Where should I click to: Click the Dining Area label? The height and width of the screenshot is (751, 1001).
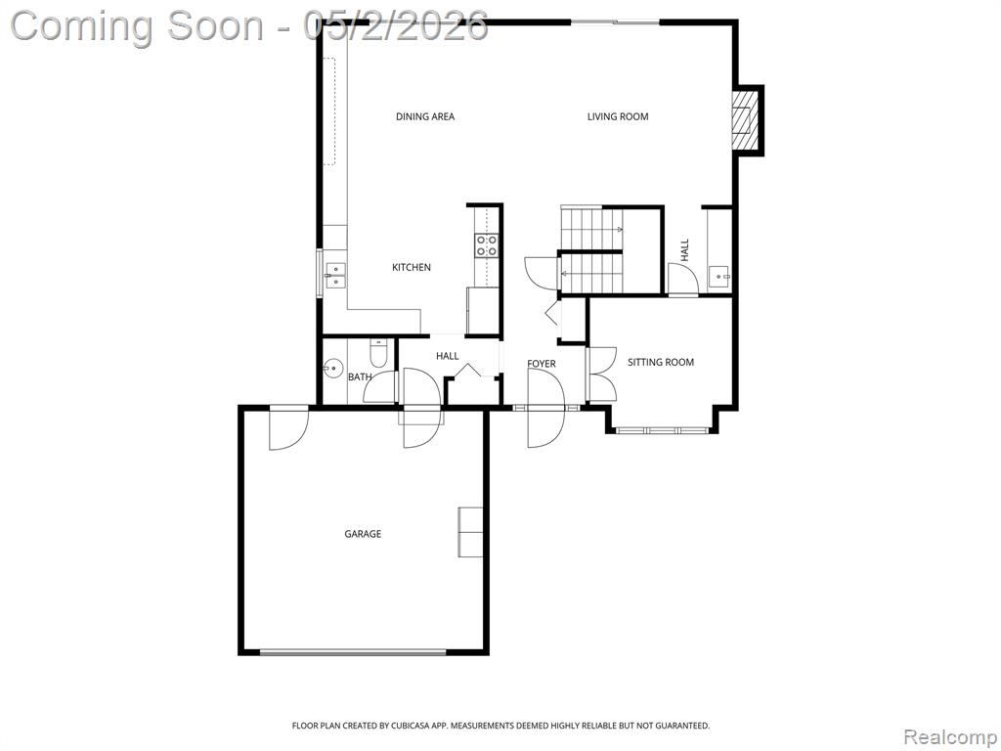[x=425, y=117]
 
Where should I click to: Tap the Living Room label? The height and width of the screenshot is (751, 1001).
[x=618, y=117]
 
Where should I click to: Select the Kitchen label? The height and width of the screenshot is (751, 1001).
[x=412, y=268]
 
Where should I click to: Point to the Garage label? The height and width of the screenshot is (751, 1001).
[x=363, y=534]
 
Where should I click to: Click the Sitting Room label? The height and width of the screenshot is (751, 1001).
[x=660, y=362]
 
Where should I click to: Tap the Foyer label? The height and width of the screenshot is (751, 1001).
[x=542, y=364]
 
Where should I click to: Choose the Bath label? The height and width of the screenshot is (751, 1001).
[x=360, y=377]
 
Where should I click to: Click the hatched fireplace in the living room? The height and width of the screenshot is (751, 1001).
[x=745, y=119]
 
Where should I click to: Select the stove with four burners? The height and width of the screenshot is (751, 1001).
[x=486, y=245]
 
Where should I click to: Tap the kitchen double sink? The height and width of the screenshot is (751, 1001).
[x=335, y=275]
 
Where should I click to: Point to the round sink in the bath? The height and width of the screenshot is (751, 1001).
[x=332, y=369]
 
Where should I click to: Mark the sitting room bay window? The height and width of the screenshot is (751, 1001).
[x=662, y=430]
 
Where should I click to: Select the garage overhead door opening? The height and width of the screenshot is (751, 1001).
[x=353, y=652]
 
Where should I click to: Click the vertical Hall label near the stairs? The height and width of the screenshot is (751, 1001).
[x=685, y=249]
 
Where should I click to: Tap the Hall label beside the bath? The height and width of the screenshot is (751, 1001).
[x=447, y=356]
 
